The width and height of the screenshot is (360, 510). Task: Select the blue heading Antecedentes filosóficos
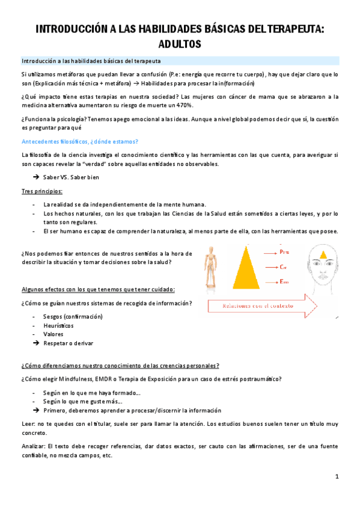79,141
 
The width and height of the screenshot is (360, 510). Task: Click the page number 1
338,476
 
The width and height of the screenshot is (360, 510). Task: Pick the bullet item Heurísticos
61,325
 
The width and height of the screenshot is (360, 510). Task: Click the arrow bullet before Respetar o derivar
36,343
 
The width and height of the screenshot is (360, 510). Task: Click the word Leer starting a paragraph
28,424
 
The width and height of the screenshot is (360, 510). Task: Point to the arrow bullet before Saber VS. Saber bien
36,177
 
